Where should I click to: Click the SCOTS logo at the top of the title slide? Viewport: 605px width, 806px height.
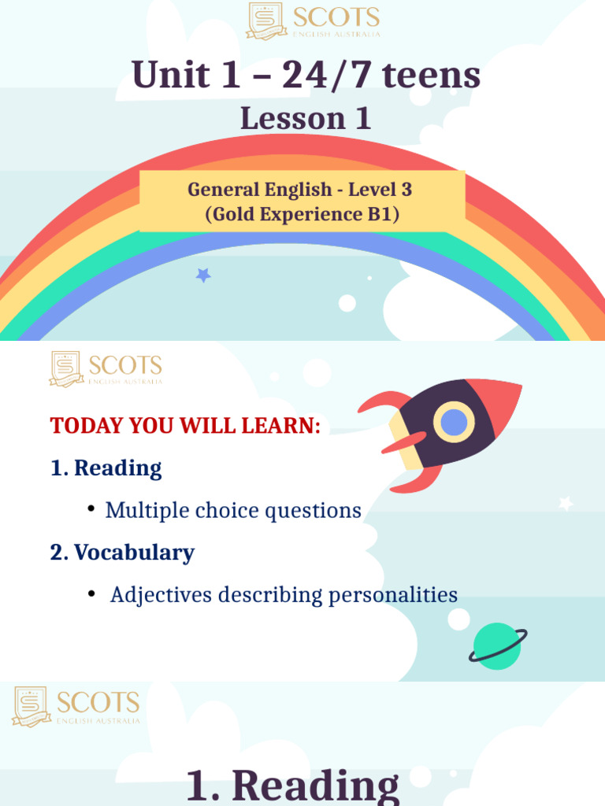point(314,21)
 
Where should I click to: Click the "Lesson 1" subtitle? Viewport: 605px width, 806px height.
point(306,119)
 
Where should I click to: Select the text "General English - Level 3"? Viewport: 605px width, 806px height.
point(299,190)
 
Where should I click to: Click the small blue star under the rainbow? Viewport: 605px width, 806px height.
point(203,275)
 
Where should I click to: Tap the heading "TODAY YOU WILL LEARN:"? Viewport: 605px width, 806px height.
point(186,426)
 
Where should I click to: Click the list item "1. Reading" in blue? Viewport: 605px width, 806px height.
point(106,468)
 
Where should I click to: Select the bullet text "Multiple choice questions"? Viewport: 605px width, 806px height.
point(233,510)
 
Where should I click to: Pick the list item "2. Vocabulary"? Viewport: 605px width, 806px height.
point(122,553)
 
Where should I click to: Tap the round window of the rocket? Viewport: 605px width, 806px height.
point(454,422)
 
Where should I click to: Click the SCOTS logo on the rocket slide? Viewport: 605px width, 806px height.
point(106,368)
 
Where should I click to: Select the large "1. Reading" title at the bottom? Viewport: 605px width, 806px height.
point(292,786)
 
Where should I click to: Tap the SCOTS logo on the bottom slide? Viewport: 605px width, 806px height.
point(76,705)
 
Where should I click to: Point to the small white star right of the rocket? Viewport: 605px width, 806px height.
point(565,503)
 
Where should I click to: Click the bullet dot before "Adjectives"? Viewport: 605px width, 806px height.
point(92,593)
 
